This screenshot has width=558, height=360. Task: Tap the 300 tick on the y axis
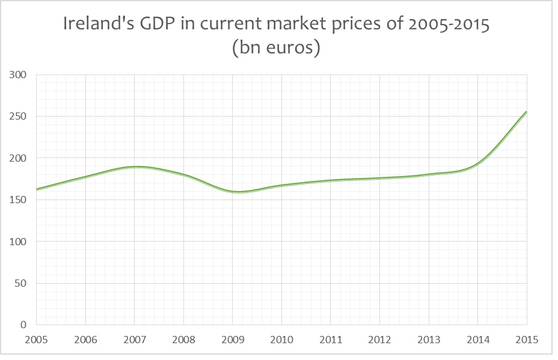coord(18,75)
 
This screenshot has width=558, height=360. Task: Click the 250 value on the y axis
coord(18,117)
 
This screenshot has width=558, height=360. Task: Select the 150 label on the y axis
coord(18,200)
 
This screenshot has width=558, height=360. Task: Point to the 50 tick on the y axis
coord(21,283)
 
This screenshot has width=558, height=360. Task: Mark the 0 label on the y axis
coord(24,325)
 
